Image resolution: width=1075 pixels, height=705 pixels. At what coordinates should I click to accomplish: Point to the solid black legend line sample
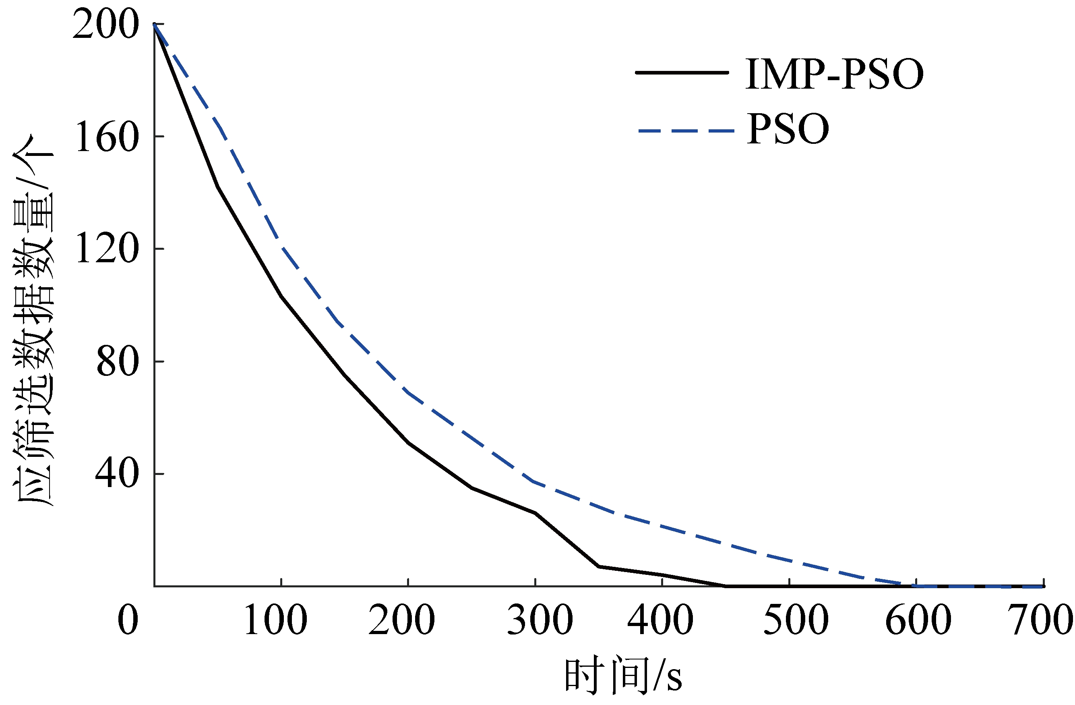tap(682, 72)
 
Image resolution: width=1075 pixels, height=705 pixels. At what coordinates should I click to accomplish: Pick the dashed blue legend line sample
tap(686, 131)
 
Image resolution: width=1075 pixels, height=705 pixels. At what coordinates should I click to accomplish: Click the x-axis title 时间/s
tap(623, 676)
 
